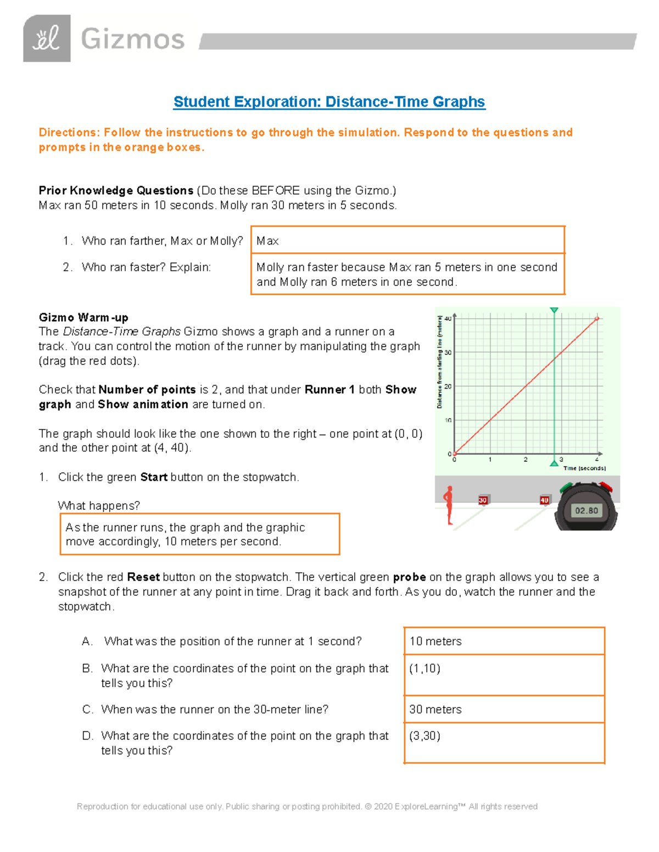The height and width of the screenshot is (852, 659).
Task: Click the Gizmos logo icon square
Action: coord(47,38)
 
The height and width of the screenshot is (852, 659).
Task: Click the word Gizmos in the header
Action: coord(132,40)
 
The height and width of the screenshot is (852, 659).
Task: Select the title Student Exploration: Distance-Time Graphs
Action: coord(329,102)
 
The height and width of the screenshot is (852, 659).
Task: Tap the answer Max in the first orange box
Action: coord(267,241)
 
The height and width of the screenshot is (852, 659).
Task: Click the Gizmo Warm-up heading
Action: coord(83,318)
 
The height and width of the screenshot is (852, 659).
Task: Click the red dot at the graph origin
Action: coord(455,454)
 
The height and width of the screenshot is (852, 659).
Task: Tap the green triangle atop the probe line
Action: coord(554,311)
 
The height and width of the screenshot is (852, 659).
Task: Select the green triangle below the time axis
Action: coord(554,464)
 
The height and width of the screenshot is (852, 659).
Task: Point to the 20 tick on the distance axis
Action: coord(448,386)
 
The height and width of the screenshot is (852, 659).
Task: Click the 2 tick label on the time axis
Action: coord(526,460)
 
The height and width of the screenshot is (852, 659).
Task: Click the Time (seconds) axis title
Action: coord(584,469)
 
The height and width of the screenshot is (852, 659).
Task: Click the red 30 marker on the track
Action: coord(483,500)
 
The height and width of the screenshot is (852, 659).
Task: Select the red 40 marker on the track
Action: coord(544,500)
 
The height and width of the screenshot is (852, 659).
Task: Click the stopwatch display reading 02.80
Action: coord(586,511)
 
